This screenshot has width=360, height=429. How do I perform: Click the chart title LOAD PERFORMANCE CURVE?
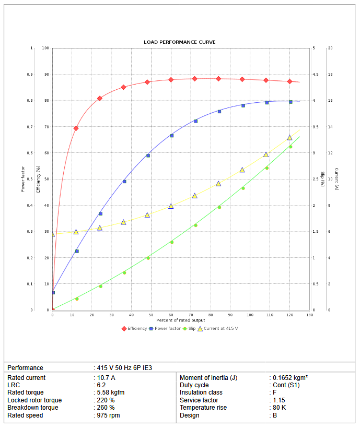point(180,42)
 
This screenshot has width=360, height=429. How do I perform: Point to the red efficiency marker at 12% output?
point(76,128)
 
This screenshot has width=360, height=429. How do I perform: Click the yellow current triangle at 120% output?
point(290,137)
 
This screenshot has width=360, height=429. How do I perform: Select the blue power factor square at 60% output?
point(171,136)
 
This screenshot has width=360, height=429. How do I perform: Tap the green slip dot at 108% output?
point(266,168)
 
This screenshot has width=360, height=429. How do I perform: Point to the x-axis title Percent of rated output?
point(180,319)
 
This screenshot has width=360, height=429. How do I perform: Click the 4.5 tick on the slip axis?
point(314,74)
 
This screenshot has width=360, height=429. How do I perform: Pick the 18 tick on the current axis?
point(330,74)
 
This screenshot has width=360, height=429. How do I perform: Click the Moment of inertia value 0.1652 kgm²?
point(291,377)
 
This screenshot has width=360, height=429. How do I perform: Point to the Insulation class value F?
point(274,392)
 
